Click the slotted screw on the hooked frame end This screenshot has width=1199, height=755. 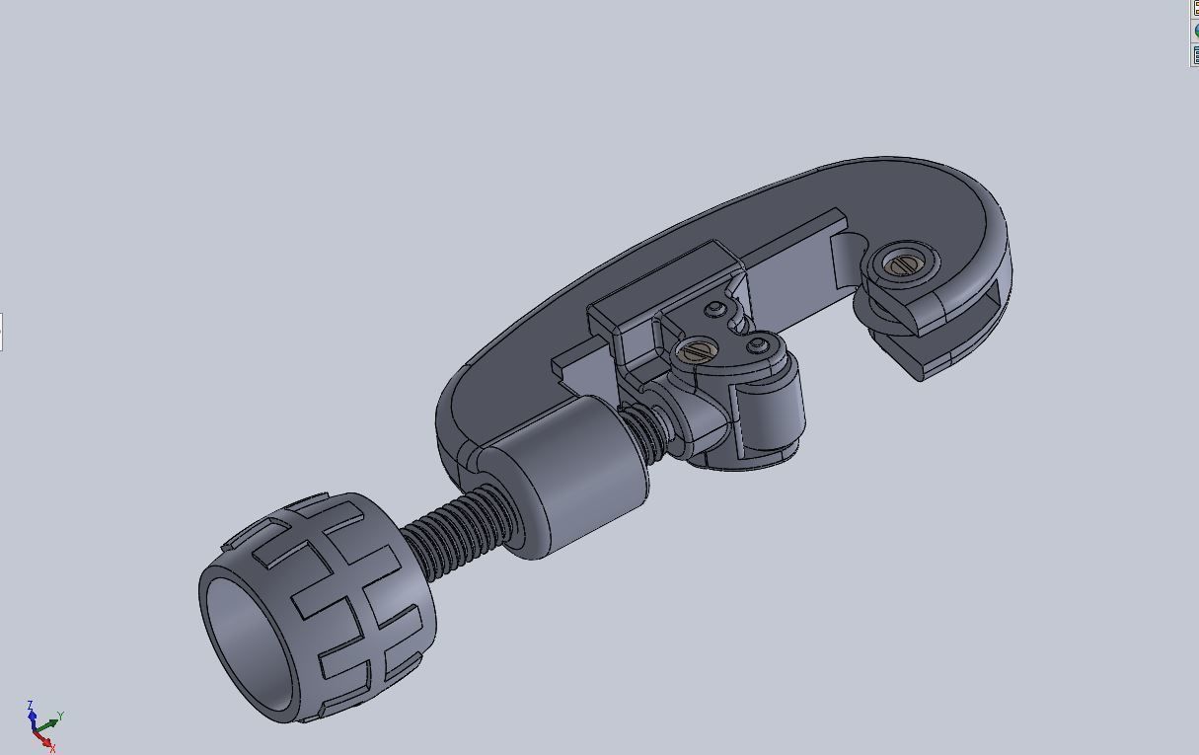coord(901,264)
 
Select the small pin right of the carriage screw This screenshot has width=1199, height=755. coord(757,344)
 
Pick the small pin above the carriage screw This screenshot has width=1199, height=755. coord(714,311)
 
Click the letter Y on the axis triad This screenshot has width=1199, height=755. coord(61,716)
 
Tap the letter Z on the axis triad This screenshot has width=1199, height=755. coord(31,705)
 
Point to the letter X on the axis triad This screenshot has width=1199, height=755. coord(52,749)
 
